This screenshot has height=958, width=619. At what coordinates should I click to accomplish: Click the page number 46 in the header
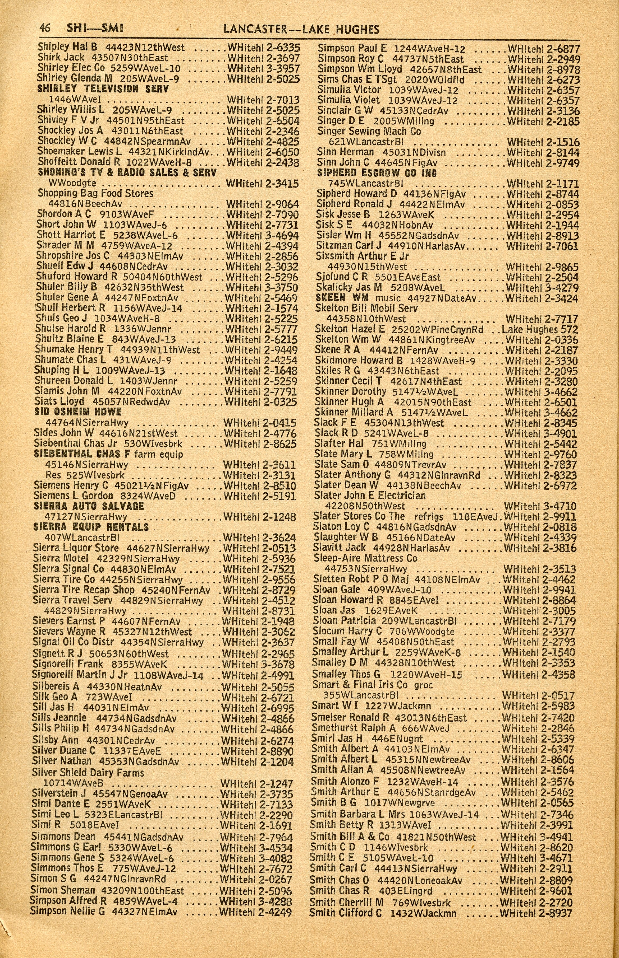tap(44, 29)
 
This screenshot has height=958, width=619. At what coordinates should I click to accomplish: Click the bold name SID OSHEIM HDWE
tap(78, 412)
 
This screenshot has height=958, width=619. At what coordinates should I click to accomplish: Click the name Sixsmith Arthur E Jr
tap(362, 256)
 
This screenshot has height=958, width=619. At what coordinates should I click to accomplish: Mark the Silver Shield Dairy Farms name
tap(88, 773)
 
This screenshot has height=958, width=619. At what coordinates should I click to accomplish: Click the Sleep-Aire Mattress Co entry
tap(365, 558)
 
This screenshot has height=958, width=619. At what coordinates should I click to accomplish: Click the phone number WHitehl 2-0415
tap(260, 423)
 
